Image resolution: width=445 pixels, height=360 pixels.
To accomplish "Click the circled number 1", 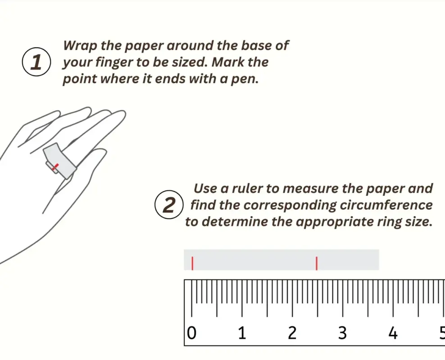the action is (x=36, y=62).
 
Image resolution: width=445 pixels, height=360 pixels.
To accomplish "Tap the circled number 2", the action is (x=169, y=204).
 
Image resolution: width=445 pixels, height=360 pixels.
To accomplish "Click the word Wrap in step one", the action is (x=80, y=46).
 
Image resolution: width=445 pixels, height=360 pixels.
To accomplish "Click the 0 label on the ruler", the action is (x=192, y=333).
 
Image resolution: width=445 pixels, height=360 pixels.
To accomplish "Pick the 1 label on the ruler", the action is (x=242, y=333).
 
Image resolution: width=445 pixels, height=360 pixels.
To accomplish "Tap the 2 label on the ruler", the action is (x=292, y=333).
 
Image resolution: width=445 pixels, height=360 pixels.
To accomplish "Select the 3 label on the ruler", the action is (x=343, y=333).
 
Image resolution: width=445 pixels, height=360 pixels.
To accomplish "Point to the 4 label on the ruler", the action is (x=393, y=333).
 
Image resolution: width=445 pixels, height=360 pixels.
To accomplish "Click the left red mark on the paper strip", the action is (x=192, y=263).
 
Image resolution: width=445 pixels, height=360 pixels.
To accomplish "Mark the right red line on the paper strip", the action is (x=317, y=263).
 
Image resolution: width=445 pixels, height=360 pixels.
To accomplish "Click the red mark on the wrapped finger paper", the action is (x=56, y=167).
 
